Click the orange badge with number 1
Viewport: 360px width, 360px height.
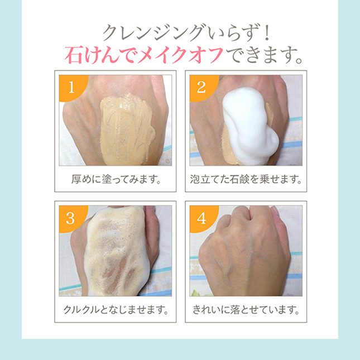[71, 87]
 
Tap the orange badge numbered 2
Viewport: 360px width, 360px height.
[202, 87]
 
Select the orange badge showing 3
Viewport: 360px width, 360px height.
[71, 218]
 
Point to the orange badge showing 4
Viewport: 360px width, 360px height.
[202, 218]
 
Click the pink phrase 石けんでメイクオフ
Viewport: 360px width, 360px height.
[144, 55]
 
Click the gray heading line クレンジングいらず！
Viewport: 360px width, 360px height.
[186, 33]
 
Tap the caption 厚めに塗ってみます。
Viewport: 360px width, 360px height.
[116, 179]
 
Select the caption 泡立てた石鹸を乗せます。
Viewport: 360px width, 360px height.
[246, 179]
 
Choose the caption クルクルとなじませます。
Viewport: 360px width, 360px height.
[116, 310]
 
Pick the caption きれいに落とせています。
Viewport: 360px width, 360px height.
[246, 310]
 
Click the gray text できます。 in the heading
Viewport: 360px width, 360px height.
[264, 55]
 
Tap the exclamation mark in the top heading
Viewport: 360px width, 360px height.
[266, 33]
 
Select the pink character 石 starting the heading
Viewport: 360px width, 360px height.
[74, 55]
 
